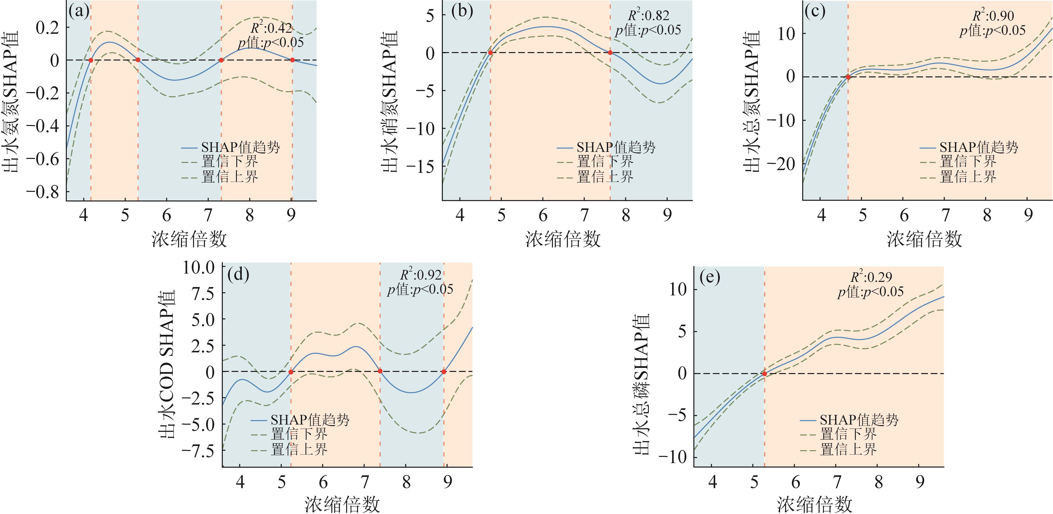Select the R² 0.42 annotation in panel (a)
[271, 28]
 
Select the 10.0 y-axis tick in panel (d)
[199, 268]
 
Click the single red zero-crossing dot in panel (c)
[848, 77]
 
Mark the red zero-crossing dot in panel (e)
[764, 373]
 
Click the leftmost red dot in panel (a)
[91, 60]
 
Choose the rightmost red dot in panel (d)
[444, 372]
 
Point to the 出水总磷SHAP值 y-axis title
[641, 384]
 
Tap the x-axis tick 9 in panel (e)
[920, 483]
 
